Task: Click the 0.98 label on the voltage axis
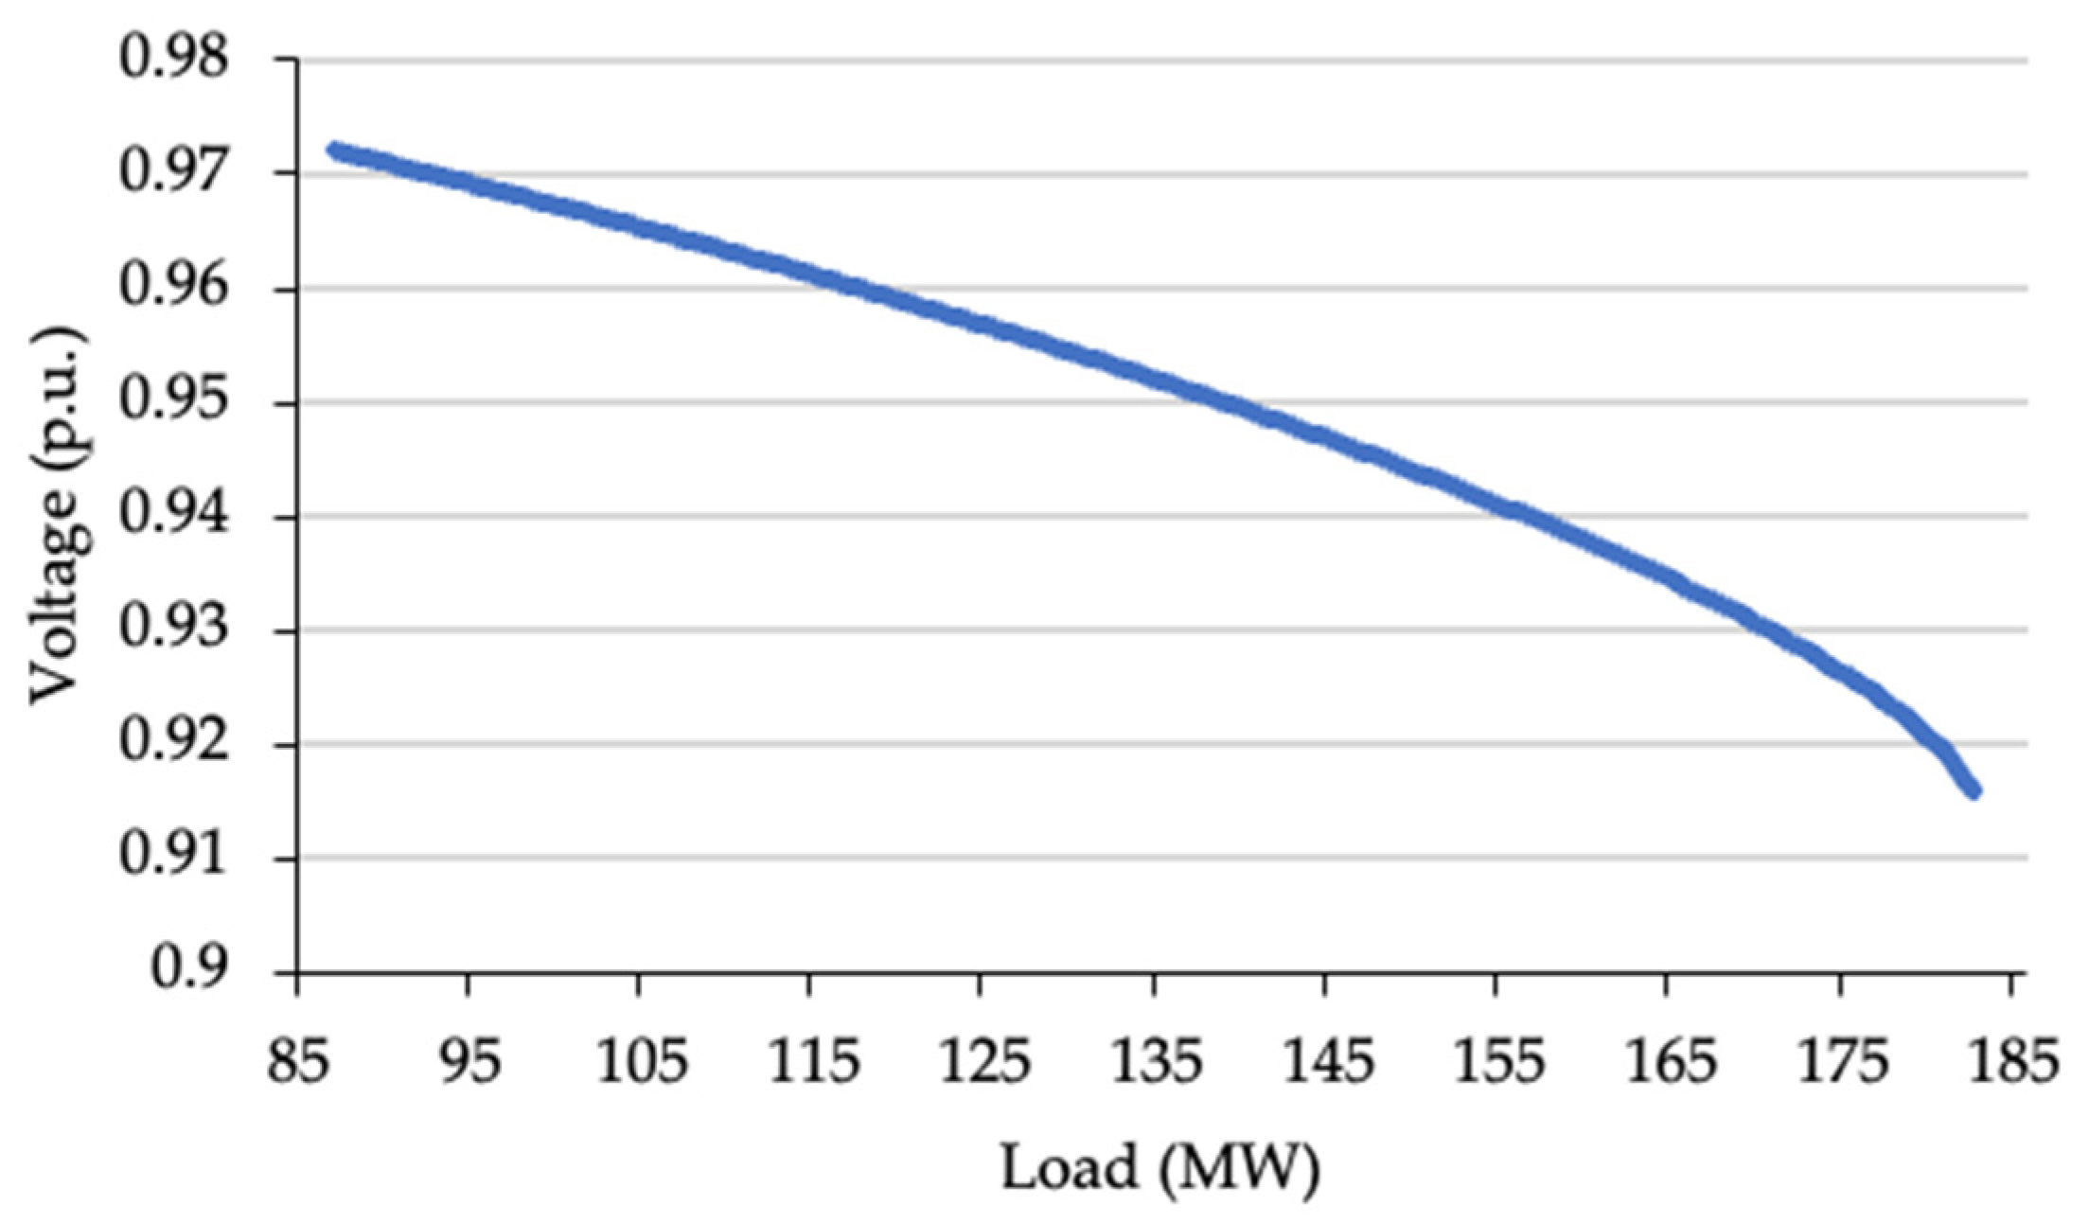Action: click(x=174, y=59)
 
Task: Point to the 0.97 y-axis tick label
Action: click(x=174, y=173)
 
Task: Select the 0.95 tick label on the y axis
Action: click(x=174, y=402)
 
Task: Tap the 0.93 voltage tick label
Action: click(x=174, y=630)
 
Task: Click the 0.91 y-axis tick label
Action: click(x=174, y=858)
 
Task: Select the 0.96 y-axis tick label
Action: click(x=174, y=288)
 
